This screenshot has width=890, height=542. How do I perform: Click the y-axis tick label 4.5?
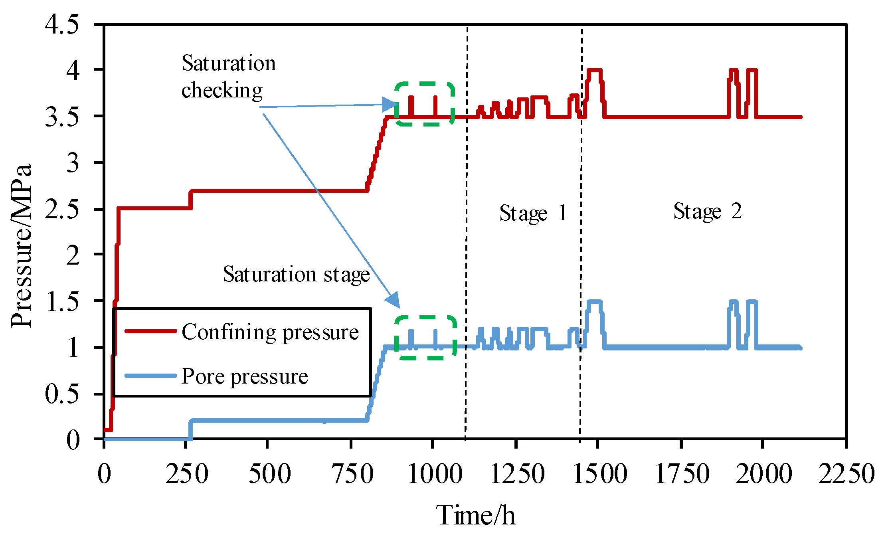pyautogui.click(x=62, y=24)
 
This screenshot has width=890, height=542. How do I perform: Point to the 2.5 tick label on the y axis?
pyautogui.click(x=62, y=209)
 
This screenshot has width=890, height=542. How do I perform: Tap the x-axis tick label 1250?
pyautogui.click(x=517, y=474)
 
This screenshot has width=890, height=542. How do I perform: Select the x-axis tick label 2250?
pyautogui.click(x=846, y=474)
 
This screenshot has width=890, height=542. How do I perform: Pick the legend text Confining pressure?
pyautogui.click(x=270, y=332)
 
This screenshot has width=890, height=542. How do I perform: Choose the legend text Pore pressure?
pyautogui.click(x=245, y=376)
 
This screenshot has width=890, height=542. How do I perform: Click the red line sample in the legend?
pyautogui.click(x=150, y=331)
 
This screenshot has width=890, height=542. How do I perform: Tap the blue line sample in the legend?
pyautogui.click(x=150, y=376)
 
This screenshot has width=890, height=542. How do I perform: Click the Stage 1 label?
pyautogui.click(x=533, y=213)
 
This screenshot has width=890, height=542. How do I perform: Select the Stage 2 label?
pyautogui.click(x=707, y=211)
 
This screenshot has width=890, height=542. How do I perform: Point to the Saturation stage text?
pyautogui.click(x=296, y=274)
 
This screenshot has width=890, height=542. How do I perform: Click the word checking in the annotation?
pyautogui.click(x=222, y=90)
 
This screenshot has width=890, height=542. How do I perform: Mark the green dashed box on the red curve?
pyautogui.click(x=425, y=104)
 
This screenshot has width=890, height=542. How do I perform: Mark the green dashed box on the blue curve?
pyautogui.click(x=425, y=338)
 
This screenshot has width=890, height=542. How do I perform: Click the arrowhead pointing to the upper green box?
pyautogui.click(x=389, y=105)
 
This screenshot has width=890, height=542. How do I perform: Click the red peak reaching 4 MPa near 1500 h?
pyautogui.click(x=594, y=71)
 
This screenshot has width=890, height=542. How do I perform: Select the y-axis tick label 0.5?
pyautogui.click(x=62, y=394)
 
